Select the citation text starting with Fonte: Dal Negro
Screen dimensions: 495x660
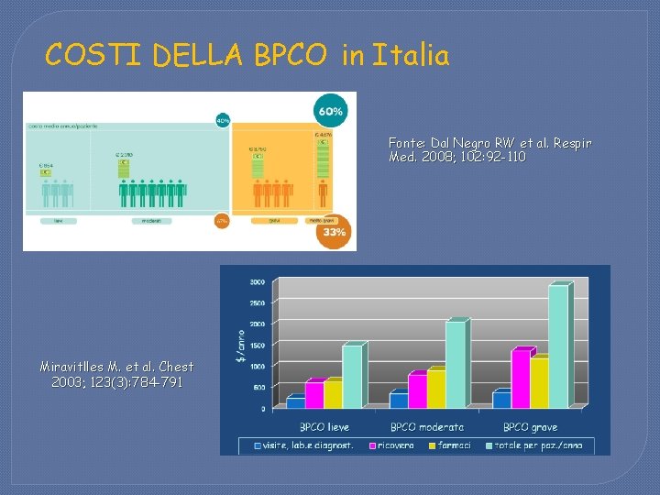click(489, 150)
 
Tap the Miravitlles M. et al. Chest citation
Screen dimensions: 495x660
click(116, 373)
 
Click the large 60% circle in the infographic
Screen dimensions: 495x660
click(331, 112)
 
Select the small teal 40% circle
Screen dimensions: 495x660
click(223, 120)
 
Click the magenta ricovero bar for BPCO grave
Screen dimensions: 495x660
click(520, 379)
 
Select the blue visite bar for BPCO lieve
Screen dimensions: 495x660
click(295, 401)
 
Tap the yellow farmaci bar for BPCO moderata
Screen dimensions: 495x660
click(436, 389)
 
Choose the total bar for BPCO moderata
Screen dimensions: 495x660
click(456, 364)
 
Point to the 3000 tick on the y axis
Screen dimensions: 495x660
click(258, 281)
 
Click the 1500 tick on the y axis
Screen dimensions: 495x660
click(258, 345)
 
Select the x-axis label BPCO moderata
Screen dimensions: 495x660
click(427, 426)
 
